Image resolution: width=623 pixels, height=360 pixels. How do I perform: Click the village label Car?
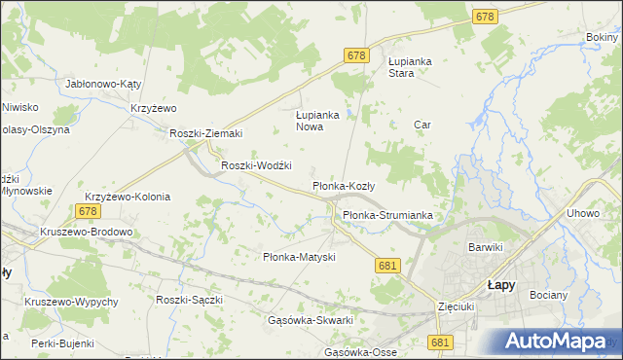(421, 125)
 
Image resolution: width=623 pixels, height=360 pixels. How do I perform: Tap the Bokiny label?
(604, 37)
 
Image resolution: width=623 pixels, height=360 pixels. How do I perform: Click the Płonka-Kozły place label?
(350, 185)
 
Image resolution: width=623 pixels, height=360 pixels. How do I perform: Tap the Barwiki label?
(485, 247)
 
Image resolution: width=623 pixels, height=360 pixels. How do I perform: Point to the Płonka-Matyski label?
(300, 257)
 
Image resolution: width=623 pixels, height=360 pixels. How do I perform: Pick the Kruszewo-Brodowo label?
(86, 233)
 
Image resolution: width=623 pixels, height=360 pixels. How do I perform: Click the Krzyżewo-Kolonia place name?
(128, 197)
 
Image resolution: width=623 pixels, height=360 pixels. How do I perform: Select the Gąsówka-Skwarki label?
(310, 320)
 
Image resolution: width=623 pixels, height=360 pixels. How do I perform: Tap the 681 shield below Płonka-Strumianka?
(387, 266)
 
